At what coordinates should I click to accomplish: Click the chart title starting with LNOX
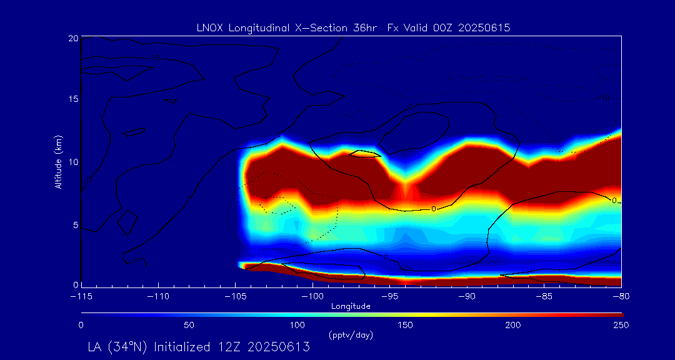pos(353,27)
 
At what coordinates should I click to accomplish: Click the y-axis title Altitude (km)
pos(58,162)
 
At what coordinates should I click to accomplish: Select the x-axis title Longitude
pos(351,306)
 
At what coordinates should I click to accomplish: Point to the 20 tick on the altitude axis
pos(73,39)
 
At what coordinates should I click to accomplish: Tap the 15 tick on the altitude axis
pos(73,100)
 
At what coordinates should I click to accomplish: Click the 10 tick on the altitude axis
pos(73,162)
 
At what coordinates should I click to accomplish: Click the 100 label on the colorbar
pos(297,325)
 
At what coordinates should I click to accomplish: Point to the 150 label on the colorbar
pos(406,325)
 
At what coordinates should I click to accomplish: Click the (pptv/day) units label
pos(351,335)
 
